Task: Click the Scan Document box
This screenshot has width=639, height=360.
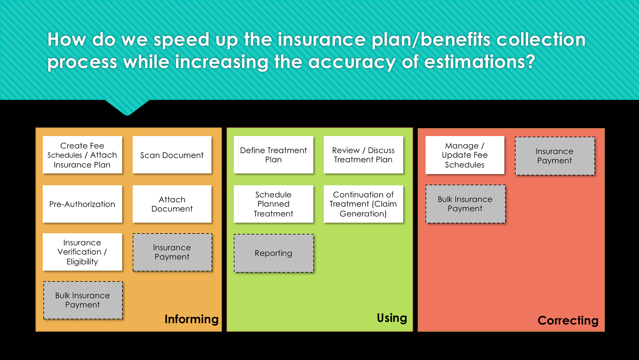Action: tap(172, 155)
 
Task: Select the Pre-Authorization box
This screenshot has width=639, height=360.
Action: tap(82, 204)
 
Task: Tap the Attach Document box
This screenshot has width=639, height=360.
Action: tap(172, 204)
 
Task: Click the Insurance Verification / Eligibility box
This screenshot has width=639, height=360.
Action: tap(82, 252)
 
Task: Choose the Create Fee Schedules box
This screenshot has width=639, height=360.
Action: tap(82, 155)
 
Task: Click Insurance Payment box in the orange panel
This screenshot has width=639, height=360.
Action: tap(172, 252)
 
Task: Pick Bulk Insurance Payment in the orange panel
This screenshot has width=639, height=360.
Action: tap(83, 300)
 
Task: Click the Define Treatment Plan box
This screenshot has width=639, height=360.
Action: tap(273, 155)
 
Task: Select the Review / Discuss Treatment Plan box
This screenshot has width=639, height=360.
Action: tap(363, 155)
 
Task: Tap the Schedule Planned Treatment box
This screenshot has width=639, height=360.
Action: tap(273, 204)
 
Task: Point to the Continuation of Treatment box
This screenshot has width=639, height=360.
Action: tap(363, 204)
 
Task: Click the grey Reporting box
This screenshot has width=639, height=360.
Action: tap(274, 253)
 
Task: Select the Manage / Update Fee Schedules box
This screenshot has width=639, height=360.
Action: tap(465, 155)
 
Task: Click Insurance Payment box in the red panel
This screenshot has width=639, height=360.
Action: tap(554, 156)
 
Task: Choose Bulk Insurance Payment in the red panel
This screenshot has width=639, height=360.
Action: tap(465, 204)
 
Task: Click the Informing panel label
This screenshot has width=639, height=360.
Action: tap(191, 319)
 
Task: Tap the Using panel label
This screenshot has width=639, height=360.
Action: tap(392, 318)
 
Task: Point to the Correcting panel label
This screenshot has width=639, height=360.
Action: tap(568, 320)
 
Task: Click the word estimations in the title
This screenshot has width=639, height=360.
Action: tap(479, 62)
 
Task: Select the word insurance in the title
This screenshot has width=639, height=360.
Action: tap(321, 40)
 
